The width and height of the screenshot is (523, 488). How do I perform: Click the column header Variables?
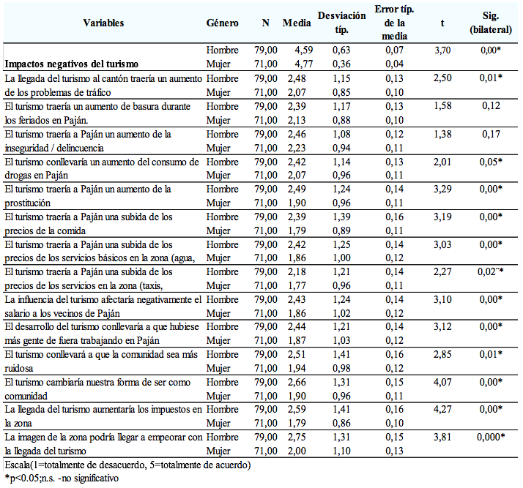point(103,23)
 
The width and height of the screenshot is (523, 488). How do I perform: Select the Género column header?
point(222,23)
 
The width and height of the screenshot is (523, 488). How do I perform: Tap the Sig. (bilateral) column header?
point(491,23)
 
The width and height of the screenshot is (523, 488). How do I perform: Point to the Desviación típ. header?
point(341,23)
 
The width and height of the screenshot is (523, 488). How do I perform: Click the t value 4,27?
point(442,409)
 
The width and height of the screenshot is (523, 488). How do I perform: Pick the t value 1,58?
point(442,106)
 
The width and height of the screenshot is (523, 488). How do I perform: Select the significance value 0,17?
point(491,134)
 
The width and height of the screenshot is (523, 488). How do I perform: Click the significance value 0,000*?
point(491,437)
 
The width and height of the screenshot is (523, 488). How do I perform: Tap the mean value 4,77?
point(303,64)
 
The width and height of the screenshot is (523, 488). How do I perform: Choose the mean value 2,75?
point(297,437)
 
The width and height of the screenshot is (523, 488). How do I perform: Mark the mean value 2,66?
point(297,382)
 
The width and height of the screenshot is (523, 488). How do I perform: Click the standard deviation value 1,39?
point(341,217)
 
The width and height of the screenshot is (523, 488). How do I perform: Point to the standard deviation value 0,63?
point(341,50)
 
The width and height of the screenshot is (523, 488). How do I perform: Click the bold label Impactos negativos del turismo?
point(71,64)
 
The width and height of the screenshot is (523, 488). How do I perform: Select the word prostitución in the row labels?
point(28,203)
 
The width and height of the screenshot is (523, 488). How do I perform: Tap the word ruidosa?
point(19,368)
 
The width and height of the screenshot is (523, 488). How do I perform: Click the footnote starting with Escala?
point(127,465)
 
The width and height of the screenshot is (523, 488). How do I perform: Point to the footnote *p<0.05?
point(62,478)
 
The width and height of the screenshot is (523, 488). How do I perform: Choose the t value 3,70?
point(442,50)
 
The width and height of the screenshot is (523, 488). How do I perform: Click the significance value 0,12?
point(491,106)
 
